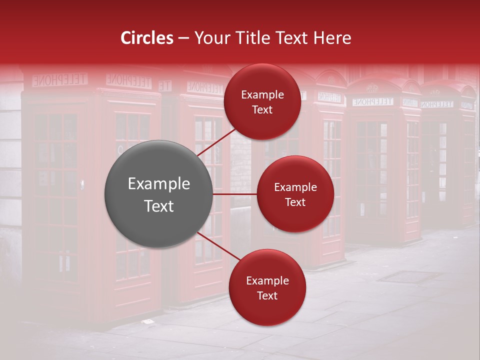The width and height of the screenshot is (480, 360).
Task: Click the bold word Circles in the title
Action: [x=147, y=38]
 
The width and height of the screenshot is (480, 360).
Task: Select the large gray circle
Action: [x=158, y=194]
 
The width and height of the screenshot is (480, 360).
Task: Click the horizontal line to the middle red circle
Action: [x=235, y=194]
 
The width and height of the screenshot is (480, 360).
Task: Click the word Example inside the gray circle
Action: [x=158, y=184]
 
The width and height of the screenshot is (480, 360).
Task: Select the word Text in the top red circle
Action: [x=262, y=110]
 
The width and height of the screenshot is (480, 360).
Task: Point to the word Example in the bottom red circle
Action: [x=267, y=281]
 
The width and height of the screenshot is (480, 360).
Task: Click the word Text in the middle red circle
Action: [x=295, y=202]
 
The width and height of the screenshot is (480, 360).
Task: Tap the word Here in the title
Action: [x=332, y=38]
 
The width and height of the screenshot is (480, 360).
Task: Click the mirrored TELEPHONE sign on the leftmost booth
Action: [x=60, y=79]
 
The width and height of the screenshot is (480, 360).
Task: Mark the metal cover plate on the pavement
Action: [x=410, y=276]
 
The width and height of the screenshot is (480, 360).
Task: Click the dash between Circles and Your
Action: [x=183, y=38]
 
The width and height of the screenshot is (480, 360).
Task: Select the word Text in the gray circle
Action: [x=158, y=206]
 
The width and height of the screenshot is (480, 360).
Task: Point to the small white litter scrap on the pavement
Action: [x=147, y=321]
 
